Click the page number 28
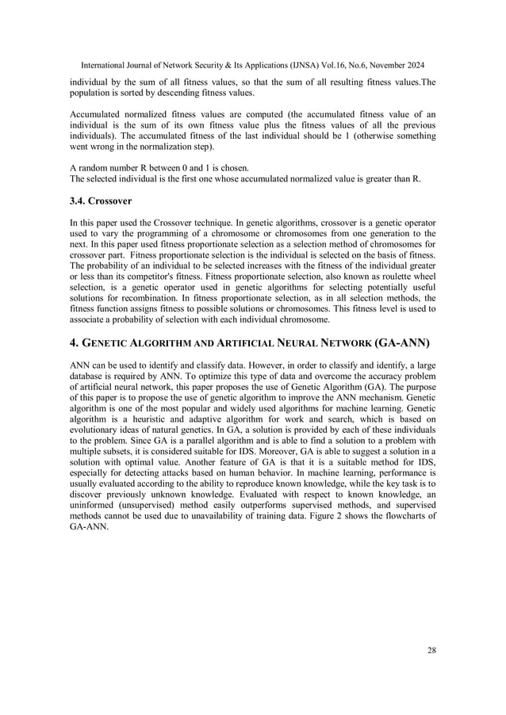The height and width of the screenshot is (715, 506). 431,651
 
